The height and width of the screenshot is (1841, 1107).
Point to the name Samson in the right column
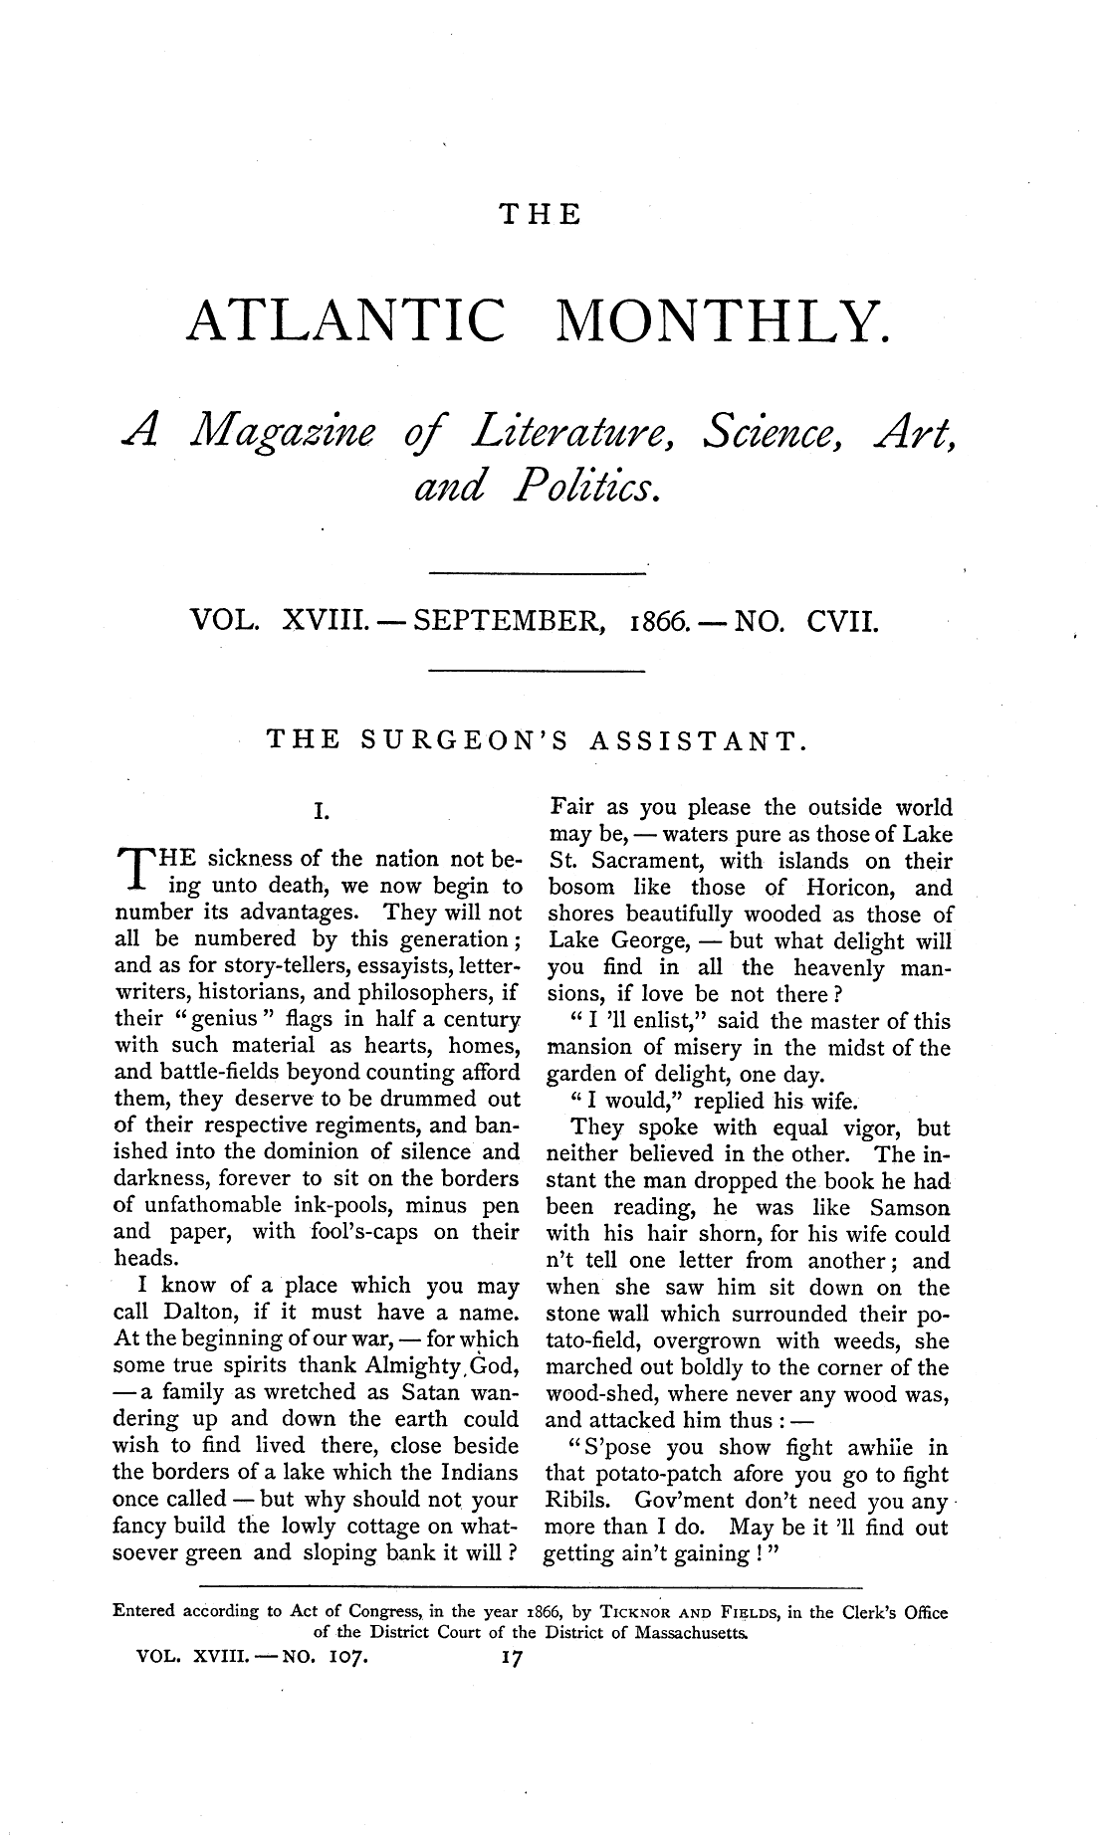910,1208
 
